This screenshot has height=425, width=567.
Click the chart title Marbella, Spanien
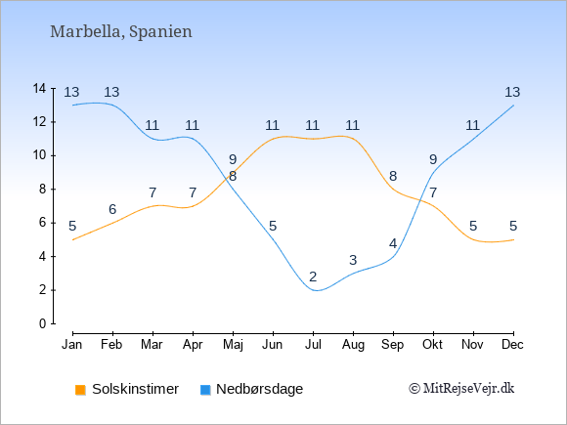point(120,31)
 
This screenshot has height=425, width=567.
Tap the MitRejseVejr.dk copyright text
point(461,389)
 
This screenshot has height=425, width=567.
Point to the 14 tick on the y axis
point(40,88)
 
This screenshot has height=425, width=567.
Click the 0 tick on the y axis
point(43,323)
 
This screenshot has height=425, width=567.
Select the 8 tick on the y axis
point(43,190)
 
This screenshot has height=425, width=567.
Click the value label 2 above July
point(313,276)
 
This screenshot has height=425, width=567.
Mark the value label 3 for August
point(353,260)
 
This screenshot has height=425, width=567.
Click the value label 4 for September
point(393,243)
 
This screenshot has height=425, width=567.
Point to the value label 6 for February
point(112,209)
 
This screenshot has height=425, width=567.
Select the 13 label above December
point(513,93)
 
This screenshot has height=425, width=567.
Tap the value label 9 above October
point(433,159)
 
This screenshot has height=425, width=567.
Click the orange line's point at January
point(72,239)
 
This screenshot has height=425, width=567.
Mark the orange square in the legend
point(80,390)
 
